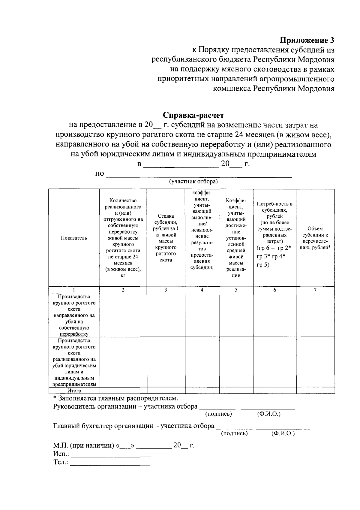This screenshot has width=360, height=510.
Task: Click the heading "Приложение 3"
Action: (x=307, y=40)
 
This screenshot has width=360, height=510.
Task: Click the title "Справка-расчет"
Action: (x=193, y=115)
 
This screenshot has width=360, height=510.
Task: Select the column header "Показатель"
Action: (x=74, y=238)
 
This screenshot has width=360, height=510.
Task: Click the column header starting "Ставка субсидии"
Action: (x=166, y=238)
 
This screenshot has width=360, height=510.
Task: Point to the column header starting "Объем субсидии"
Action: (x=315, y=238)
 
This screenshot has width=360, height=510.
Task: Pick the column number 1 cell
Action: (x=74, y=290)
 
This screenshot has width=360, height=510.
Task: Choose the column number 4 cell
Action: (x=202, y=290)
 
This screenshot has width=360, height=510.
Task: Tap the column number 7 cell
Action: (x=315, y=290)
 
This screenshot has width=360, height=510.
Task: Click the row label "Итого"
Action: (x=74, y=391)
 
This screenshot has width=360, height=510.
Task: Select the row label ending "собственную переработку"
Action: (x=74, y=315)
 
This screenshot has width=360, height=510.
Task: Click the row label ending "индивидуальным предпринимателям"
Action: (x=74, y=362)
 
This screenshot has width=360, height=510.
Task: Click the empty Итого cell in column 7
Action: (x=315, y=391)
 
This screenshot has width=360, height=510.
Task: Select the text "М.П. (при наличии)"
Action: (x=83, y=445)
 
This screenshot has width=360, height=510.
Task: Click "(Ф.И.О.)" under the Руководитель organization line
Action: (x=269, y=414)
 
